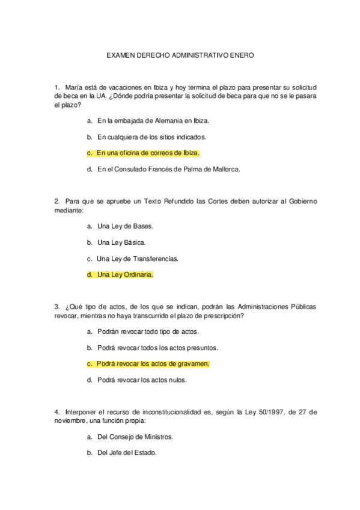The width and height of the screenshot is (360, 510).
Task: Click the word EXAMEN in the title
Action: tap(119, 55)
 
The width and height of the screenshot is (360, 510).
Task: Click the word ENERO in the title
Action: tap(242, 55)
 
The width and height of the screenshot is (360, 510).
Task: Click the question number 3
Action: tap(56, 307)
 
